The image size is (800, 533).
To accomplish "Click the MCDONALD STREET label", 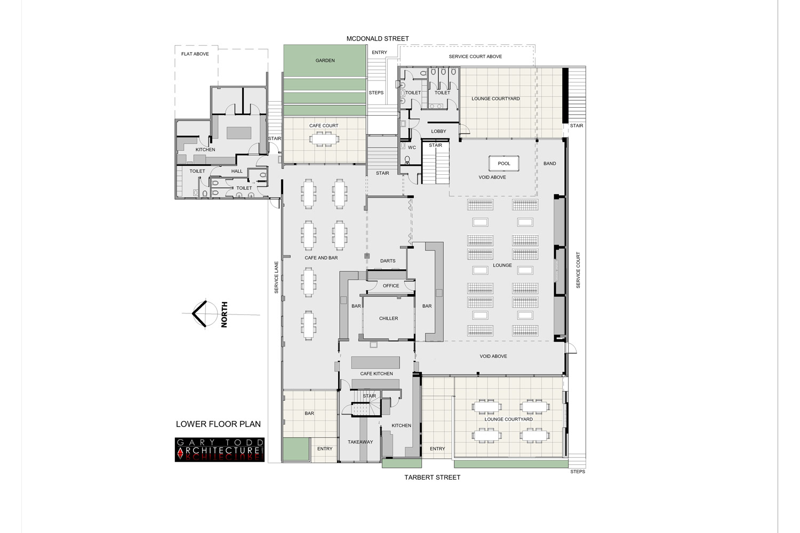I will (378, 39).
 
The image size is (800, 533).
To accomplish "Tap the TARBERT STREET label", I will (432, 478).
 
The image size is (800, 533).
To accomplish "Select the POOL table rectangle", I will (504, 164).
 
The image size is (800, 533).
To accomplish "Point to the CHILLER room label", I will (388, 319).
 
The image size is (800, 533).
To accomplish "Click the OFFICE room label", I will (391, 286).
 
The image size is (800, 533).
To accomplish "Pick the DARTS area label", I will (388, 261).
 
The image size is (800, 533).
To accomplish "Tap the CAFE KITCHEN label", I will (377, 374).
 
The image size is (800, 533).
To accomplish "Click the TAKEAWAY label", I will (361, 442).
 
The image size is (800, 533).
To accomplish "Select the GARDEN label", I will (325, 61).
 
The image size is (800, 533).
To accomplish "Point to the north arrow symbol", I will (201, 314).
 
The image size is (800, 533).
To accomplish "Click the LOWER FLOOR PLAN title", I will (218, 424).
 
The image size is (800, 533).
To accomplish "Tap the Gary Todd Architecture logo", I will (220, 450).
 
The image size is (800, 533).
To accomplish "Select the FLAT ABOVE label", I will (195, 54).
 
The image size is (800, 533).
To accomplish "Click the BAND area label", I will (549, 164).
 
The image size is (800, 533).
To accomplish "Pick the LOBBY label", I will (438, 132).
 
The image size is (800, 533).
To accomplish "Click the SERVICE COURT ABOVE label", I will (475, 56).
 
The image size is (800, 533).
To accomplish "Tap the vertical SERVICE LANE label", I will (276, 277).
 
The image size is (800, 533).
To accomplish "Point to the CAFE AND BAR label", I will (321, 258).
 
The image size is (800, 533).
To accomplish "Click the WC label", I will (412, 148).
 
